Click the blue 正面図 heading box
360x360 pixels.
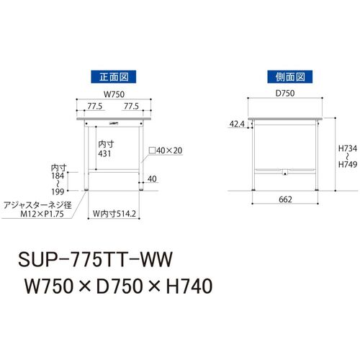pyautogui.click(x=113, y=77)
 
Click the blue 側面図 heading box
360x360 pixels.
pyautogui.click(x=290, y=77)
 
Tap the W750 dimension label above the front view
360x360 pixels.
pyautogui.click(x=114, y=94)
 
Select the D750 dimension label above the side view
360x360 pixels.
pyautogui.click(x=285, y=93)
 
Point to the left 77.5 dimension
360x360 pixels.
pyautogui.click(x=95, y=106)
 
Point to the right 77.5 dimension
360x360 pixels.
pyautogui.click(x=131, y=106)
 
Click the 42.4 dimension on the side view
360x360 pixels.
pyautogui.click(x=237, y=124)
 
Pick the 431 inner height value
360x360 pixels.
pyautogui.click(x=104, y=153)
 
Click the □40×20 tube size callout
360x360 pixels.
pyautogui.click(x=166, y=150)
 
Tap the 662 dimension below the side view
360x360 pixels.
pyautogui.click(x=285, y=199)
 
